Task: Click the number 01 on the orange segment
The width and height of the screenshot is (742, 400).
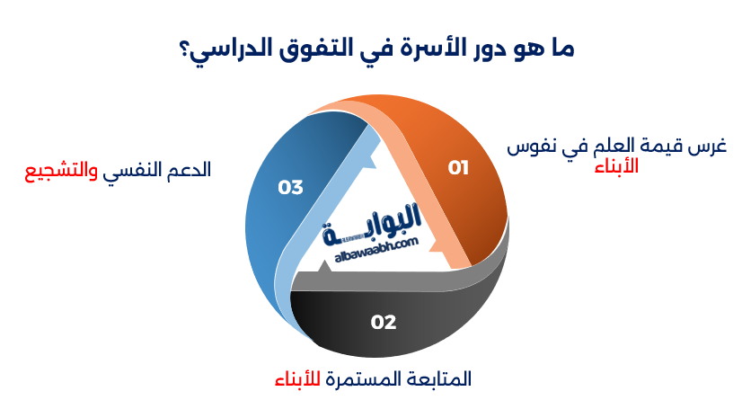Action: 458,167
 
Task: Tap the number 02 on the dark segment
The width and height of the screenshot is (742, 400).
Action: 384,322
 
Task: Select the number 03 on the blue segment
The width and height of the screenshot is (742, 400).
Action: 290,187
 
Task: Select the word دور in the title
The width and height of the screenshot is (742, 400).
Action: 499,48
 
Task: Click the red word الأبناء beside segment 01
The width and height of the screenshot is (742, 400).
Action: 617,165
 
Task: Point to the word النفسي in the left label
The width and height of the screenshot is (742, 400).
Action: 133,169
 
